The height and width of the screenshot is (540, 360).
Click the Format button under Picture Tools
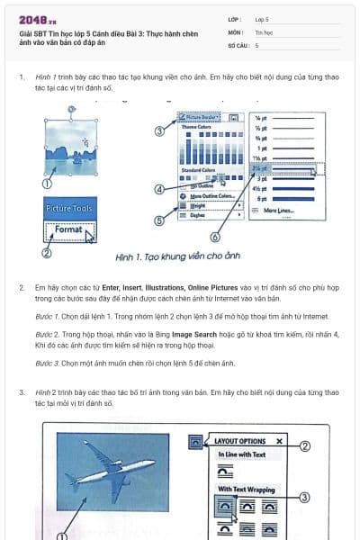[69, 230]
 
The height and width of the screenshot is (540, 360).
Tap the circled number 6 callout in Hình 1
[215, 238]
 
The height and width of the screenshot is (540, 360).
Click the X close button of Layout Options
[279, 442]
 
